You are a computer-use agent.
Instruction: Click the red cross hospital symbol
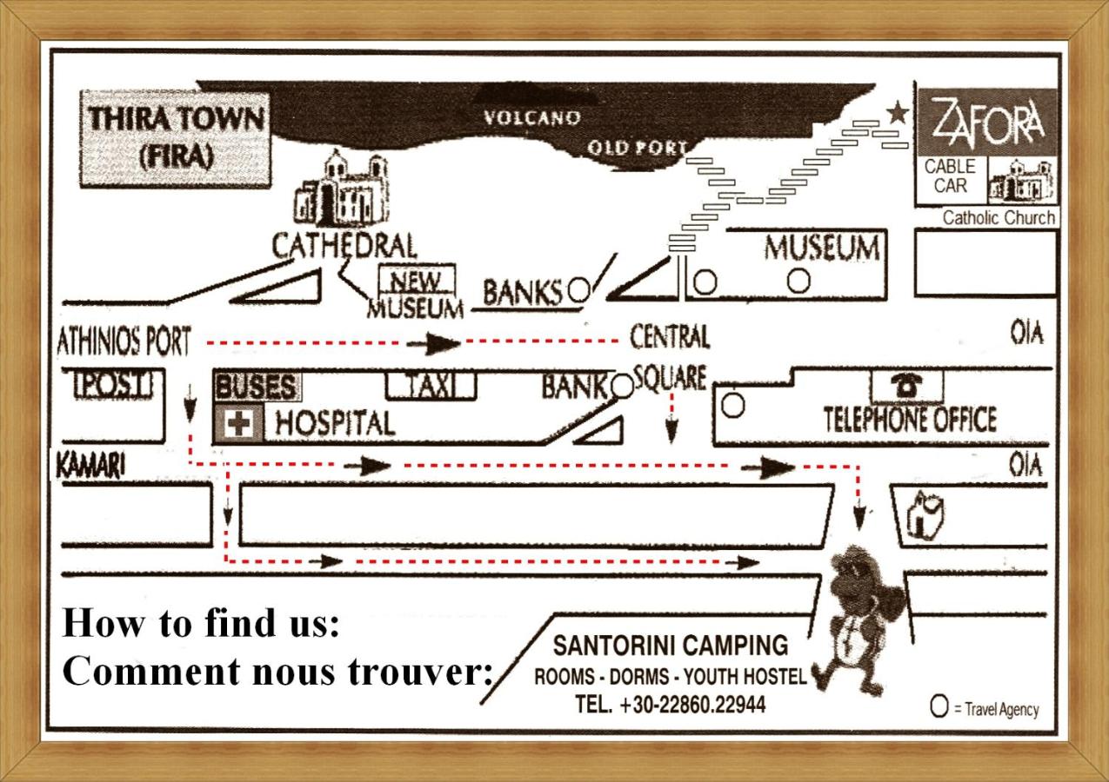238,423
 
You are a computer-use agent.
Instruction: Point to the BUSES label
254,386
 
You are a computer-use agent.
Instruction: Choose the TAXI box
431,385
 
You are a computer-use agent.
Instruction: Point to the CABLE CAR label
950,176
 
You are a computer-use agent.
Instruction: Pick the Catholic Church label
998,218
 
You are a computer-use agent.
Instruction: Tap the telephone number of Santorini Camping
670,705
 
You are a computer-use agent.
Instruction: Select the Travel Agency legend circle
939,707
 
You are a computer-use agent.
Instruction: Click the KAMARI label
90,466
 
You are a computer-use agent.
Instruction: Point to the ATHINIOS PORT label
123,342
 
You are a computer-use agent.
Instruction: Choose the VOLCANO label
531,118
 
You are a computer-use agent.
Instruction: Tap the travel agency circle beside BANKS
578,290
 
